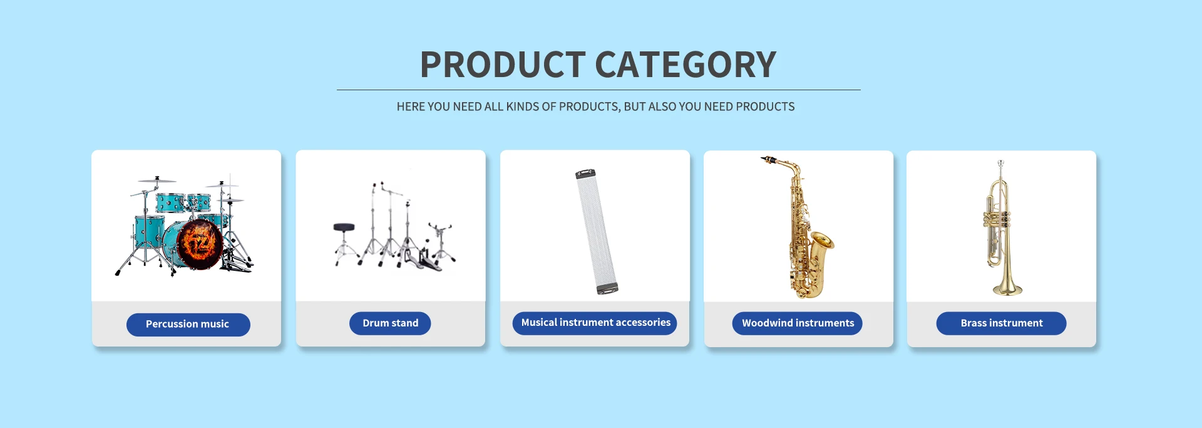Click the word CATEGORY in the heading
(x=686, y=65)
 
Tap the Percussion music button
(x=188, y=324)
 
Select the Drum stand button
(x=390, y=323)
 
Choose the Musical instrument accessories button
(x=595, y=323)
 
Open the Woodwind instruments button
(x=798, y=323)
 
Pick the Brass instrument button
(x=1001, y=323)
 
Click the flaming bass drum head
(x=200, y=244)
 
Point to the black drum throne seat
(x=344, y=227)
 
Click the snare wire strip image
(x=597, y=231)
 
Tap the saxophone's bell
(x=821, y=241)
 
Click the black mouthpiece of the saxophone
(x=768, y=160)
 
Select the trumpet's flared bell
(x=1007, y=287)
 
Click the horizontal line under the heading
(x=598, y=90)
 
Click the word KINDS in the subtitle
(x=522, y=107)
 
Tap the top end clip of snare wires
(x=585, y=174)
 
